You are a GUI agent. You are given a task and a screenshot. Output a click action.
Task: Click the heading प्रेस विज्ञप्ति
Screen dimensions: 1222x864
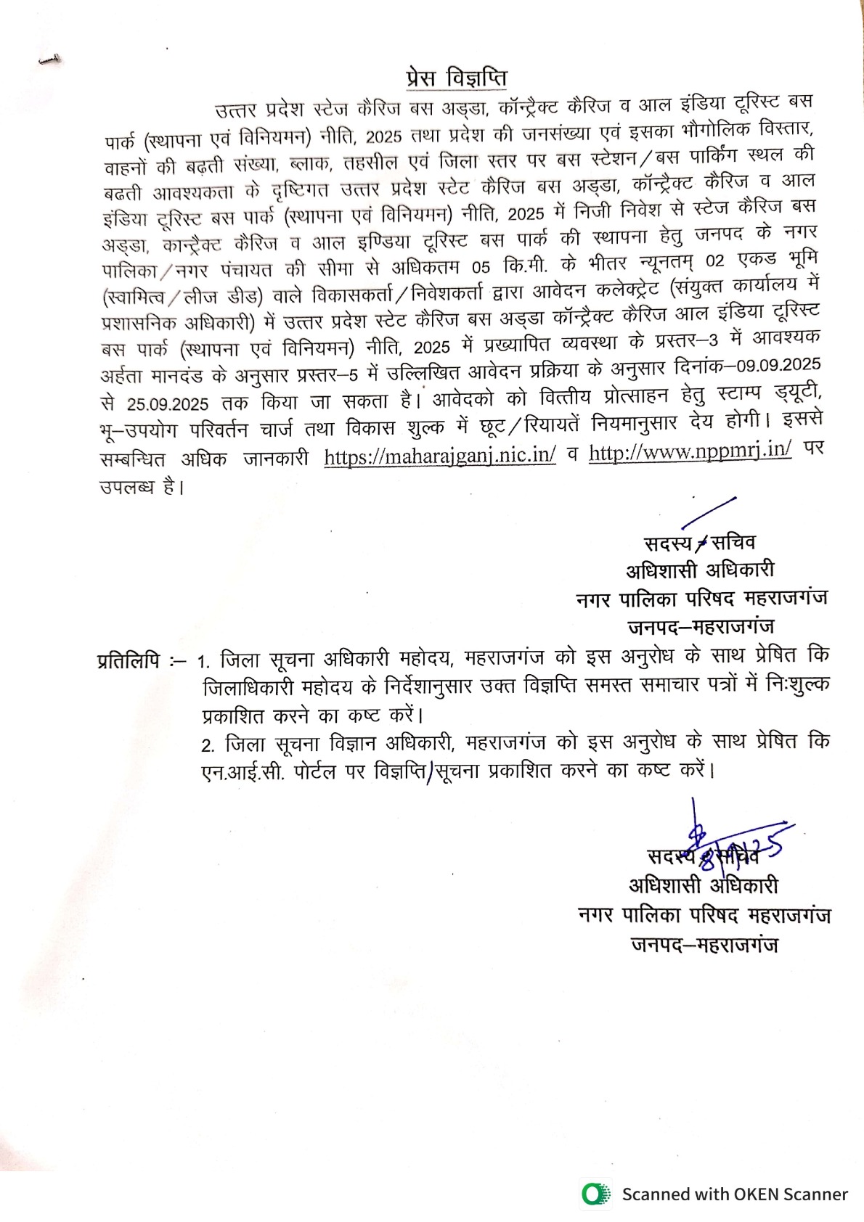tap(456, 78)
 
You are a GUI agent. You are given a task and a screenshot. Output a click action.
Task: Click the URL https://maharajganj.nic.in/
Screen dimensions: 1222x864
tap(440, 456)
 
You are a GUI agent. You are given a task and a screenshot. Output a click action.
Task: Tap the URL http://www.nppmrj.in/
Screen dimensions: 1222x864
tap(690, 452)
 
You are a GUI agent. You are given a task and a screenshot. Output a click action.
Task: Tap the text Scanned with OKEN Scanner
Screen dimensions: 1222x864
tap(734, 1194)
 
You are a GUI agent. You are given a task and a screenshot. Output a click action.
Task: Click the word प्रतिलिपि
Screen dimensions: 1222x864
tap(129, 661)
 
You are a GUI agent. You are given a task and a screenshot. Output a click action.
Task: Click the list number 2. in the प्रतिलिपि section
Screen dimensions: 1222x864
tap(209, 746)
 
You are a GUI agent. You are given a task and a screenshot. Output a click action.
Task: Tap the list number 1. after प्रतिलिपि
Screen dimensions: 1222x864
tap(204, 662)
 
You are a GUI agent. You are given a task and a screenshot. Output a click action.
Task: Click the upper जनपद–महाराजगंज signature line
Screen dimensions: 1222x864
tap(701, 626)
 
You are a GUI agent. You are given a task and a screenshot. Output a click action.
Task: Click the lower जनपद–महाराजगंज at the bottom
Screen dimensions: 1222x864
tap(704, 945)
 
